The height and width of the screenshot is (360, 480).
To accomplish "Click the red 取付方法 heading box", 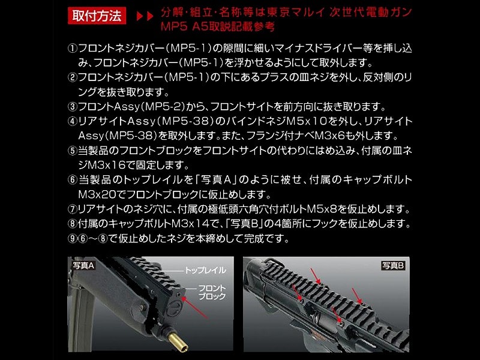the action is tap(97, 16).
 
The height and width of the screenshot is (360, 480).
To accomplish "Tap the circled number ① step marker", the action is tap(73, 49).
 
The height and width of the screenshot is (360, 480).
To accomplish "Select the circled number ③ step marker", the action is tap(73, 107).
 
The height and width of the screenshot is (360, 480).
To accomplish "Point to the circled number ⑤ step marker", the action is tap(73, 151).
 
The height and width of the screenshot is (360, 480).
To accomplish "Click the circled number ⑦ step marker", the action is tap(73, 209).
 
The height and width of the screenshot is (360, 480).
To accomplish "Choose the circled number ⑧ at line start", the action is tap(73, 224).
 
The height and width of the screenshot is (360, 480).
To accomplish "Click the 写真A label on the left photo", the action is tap(83, 265).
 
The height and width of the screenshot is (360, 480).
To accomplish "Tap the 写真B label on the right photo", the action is tap(394, 265).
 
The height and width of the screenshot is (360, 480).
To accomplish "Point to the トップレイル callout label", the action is tap(205, 271).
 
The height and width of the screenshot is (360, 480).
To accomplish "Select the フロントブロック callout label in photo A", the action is tap(212, 292).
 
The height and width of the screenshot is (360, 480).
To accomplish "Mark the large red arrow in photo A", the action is tap(195, 308).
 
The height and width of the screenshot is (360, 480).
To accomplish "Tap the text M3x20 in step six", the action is tap(102, 194).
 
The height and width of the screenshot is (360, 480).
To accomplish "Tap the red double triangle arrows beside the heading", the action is tap(145, 16).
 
